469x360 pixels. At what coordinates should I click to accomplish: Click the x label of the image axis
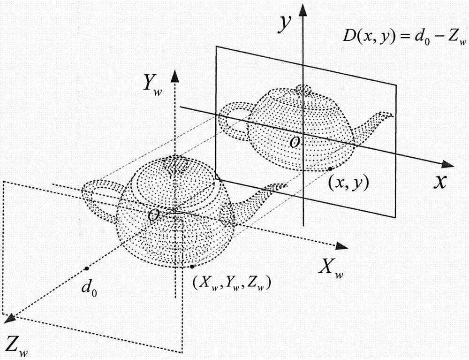(440, 181)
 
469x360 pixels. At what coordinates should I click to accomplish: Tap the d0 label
(89, 289)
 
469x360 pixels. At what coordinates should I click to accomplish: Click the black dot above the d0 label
(86, 268)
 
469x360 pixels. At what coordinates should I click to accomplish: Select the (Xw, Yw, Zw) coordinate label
(232, 283)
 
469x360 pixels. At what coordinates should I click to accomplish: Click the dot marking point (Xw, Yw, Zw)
(192, 266)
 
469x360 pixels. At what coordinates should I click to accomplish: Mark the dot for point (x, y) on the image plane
(330, 169)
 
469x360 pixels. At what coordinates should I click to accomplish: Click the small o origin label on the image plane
(295, 143)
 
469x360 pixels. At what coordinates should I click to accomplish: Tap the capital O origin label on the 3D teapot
(153, 215)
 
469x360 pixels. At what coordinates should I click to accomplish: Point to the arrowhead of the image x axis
(448, 164)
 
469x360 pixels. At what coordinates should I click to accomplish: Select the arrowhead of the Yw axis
(174, 77)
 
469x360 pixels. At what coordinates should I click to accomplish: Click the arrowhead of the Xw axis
(341, 246)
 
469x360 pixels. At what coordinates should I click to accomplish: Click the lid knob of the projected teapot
(303, 89)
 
